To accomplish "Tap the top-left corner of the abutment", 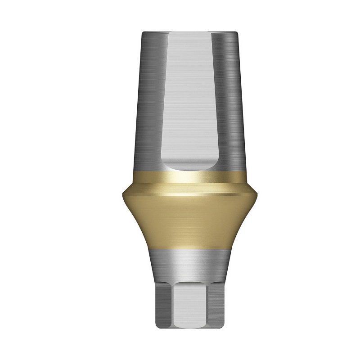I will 143,32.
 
